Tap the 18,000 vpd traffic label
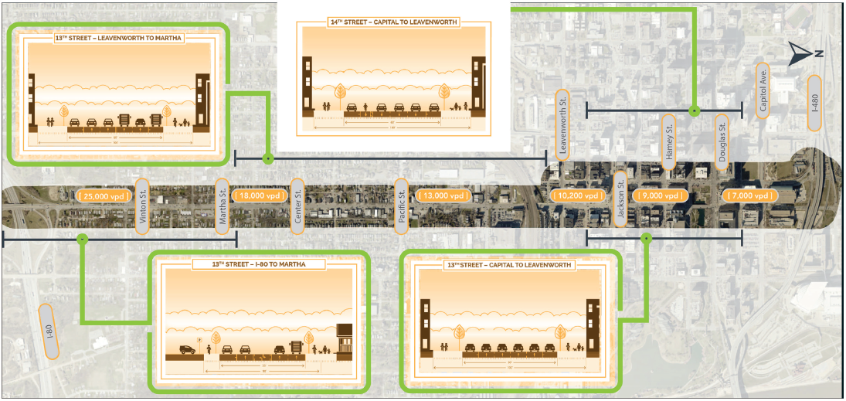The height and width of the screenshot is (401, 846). (x=258, y=196)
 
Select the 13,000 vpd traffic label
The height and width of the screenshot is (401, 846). (x=443, y=196)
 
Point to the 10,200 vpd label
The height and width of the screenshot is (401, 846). (x=578, y=196)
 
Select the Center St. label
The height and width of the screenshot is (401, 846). (x=297, y=203)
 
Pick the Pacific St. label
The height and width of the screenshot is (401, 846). (x=401, y=203)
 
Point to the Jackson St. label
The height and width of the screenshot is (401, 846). (x=620, y=198)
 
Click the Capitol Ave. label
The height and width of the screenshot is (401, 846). (x=763, y=89)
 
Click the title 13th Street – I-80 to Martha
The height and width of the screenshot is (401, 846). (x=259, y=263)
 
